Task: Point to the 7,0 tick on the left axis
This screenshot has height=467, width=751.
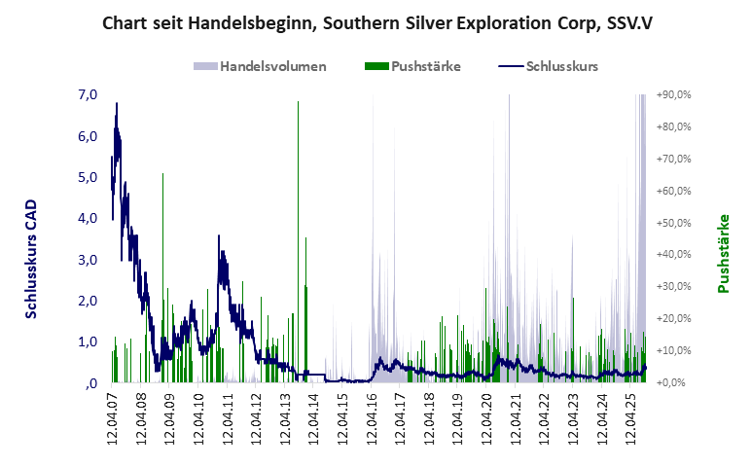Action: pos(87,95)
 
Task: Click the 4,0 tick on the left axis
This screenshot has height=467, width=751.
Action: pos(87,219)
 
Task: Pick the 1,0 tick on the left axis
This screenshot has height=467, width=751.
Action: pos(87,341)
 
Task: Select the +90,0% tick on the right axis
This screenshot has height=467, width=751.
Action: pos(673,95)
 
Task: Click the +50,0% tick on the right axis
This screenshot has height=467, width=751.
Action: pos(673,223)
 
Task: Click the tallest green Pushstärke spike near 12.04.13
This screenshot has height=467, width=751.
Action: pos(298,107)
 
